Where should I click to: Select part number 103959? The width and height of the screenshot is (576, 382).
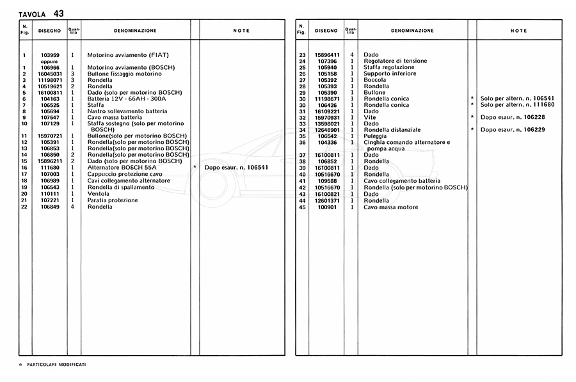click(x=50, y=55)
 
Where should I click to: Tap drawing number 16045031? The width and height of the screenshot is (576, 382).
click(x=50, y=74)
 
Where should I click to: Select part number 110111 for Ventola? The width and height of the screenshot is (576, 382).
click(x=50, y=193)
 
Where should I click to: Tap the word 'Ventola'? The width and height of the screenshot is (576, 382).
click(x=99, y=193)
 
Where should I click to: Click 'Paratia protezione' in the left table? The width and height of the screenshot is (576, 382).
click(x=113, y=200)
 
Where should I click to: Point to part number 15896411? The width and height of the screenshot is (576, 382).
click(x=326, y=55)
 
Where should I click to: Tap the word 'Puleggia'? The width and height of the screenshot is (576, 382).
click(x=376, y=136)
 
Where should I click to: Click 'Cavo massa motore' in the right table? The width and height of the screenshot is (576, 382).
click(x=390, y=207)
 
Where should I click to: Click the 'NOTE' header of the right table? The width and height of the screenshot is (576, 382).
click(x=519, y=31)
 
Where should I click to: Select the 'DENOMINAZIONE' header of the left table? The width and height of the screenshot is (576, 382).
click(x=135, y=31)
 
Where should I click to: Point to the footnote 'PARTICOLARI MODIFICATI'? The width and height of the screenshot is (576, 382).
click(x=57, y=364)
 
